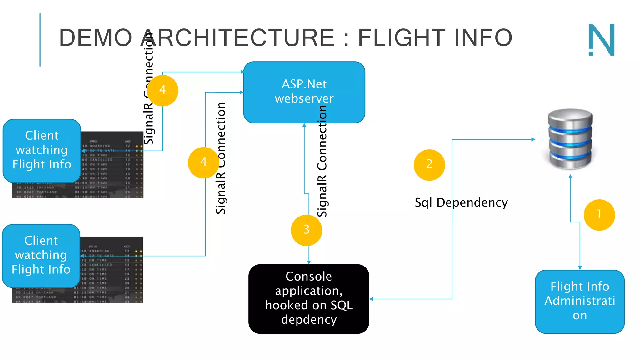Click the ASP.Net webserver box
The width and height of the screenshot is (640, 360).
point(304,92)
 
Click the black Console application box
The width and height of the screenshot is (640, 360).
point(309,299)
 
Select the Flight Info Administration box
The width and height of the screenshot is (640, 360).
point(580,301)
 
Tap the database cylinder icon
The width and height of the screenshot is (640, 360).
point(570,139)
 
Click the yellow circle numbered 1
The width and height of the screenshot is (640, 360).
point(599,215)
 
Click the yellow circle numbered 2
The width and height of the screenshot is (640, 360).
point(429,165)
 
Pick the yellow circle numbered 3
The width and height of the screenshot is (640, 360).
point(306,230)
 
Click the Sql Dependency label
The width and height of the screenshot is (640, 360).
point(461,202)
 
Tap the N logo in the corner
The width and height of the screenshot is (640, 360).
point(602,40)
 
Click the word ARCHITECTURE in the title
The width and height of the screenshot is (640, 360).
point(237,37)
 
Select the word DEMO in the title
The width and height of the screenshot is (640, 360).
point(96,37)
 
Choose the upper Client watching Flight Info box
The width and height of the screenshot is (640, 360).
point(42,150)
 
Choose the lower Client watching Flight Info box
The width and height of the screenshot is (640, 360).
point(41,255)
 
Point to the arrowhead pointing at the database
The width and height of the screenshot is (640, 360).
point(533,139)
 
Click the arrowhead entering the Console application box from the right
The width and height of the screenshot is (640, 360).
point(371,299)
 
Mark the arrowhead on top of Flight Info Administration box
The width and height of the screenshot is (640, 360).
point(580,268)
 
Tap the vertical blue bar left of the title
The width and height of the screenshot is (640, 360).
point(40,40)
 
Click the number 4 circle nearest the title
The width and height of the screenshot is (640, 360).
point(162,90)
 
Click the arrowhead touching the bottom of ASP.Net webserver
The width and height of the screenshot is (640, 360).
point(304,125)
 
